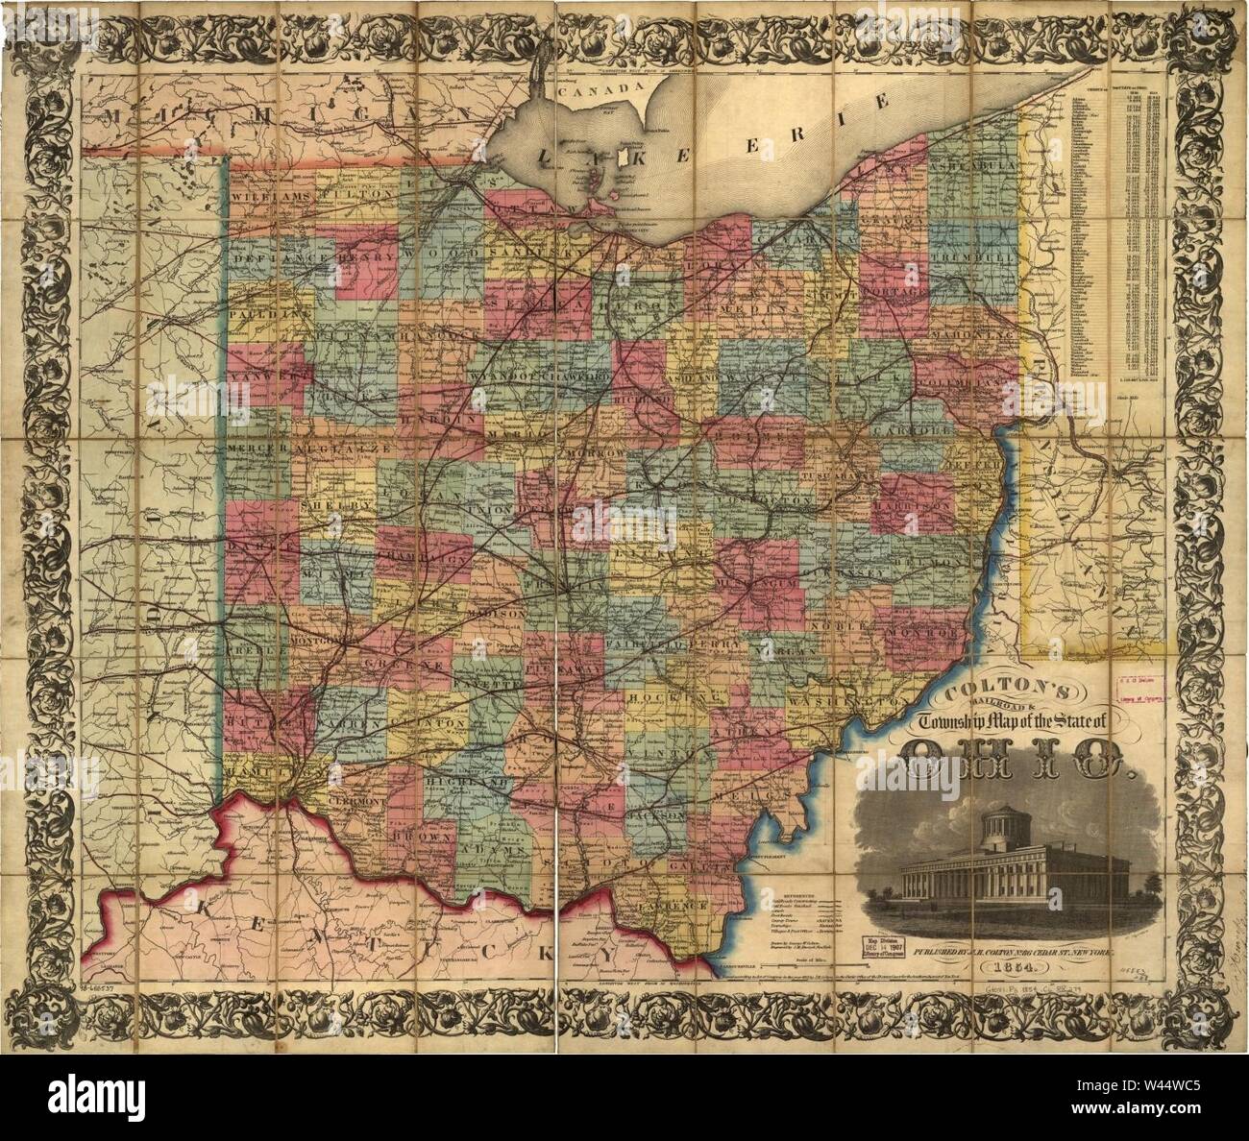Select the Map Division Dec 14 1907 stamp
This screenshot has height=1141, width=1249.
885,946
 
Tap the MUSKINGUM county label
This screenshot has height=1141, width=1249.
754,583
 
